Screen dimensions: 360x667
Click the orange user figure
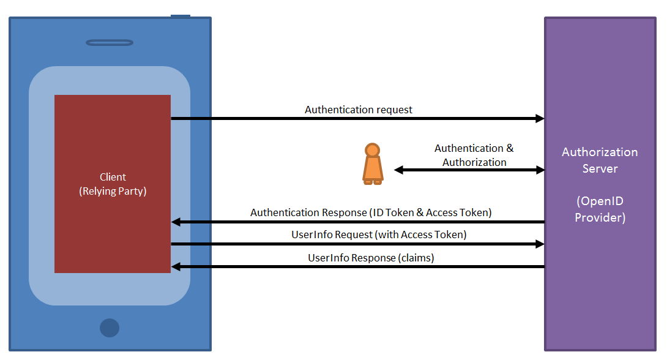tap(372, 165)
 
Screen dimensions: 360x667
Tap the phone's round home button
tap(110, 328)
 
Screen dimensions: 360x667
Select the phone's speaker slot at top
tap(110, 43)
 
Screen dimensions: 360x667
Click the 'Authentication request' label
tap(359, 110)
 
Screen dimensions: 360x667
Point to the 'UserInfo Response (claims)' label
tap(371, 258)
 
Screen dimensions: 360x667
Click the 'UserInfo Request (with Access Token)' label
tap(379, 235)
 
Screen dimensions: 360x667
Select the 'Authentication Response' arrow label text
tap(371, 213)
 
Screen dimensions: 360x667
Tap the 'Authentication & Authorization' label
tap(474, 156)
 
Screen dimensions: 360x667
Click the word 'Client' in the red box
tap(113, 178)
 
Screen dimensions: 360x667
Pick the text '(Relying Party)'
tap(113, 191)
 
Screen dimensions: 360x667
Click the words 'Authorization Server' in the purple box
tap(600, 160)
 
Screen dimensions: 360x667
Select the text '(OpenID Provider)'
tap(600, 209)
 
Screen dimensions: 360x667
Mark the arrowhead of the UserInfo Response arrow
tap(176, 266)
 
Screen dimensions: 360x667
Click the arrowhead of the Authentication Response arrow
tap(176, 222)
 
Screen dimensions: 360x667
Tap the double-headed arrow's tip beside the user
tap(398, 170)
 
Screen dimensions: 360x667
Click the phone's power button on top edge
tap(181, 16)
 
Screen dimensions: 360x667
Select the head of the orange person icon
tap(372, 149)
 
